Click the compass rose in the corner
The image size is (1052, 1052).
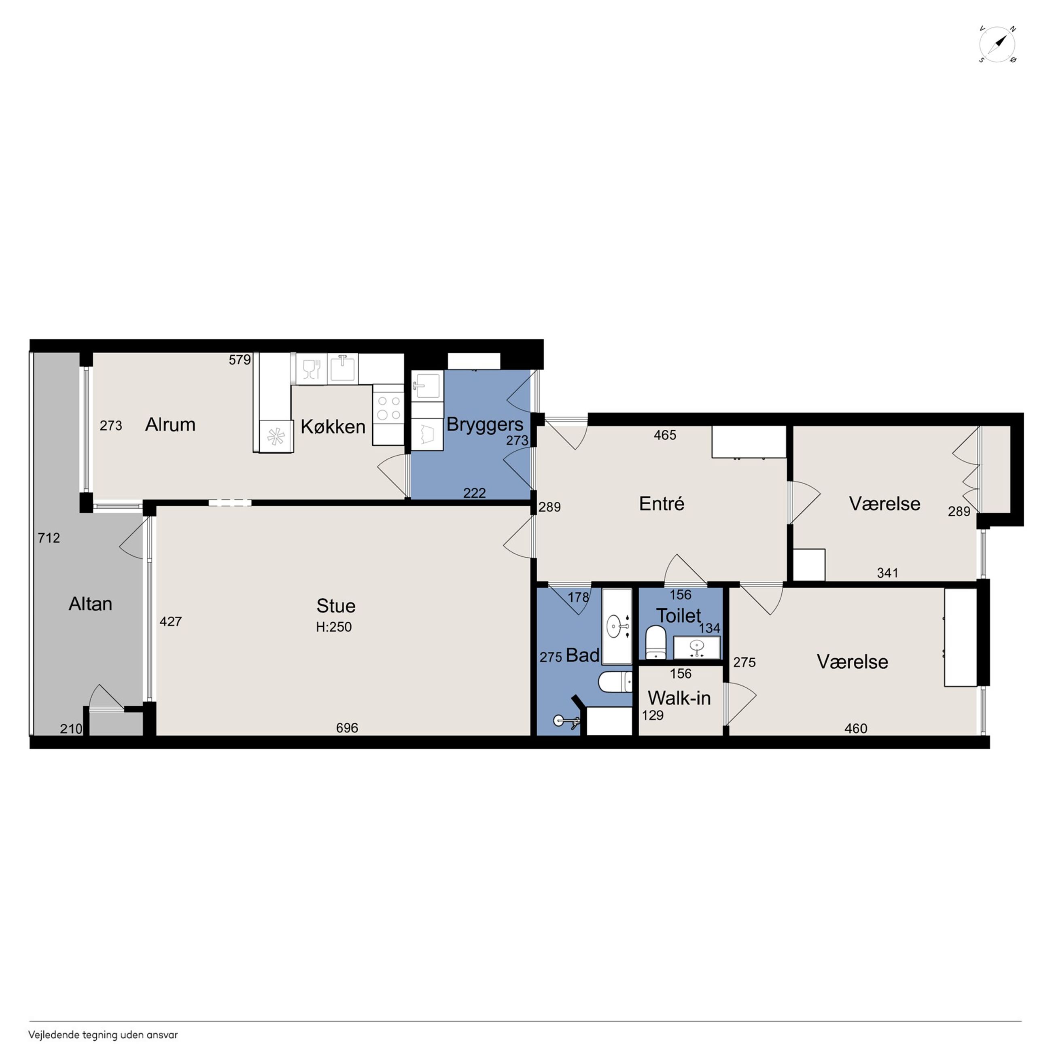[x=997, y=44]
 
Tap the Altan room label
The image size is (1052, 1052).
[x=90, y=604]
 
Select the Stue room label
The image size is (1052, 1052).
[x=336, y=605]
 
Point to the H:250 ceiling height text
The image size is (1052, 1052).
[x=334, y=627]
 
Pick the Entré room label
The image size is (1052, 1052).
[x=662, y=504]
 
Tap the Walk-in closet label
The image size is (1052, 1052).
[x=679, y=698]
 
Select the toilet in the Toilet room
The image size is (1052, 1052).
[x=655, y=642]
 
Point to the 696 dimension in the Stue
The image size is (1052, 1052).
[x=347, y=728]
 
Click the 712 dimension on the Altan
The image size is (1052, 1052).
[x=49, y=538]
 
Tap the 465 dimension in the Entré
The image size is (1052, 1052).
[x=665, y=435]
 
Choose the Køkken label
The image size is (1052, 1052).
[x=333, y=427]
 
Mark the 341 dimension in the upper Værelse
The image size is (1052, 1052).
[x=888, y=573]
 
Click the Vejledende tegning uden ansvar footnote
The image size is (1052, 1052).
[x=103, y=1035]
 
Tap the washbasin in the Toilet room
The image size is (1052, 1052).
[x=696, y=647]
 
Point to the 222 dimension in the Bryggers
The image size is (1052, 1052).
[x=474, y=493]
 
